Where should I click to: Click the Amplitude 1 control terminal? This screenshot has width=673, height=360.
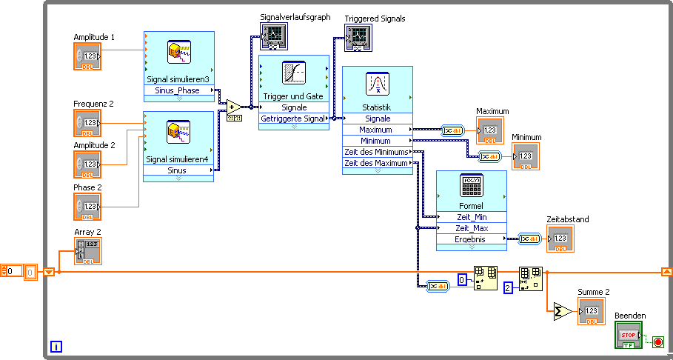click(x=87, y=56)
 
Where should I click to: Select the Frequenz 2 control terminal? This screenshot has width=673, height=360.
click(x=87, y=123)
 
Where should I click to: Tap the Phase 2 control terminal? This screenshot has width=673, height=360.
click(x=87, y=207)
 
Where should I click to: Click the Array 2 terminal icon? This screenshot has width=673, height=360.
click(x=87, y=251)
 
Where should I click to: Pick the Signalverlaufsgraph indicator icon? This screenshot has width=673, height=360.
click(x=272, y=36)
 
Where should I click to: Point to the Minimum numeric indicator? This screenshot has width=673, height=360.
click(x=526, y=156)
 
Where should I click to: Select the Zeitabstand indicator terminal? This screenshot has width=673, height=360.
click(x=560, y=239)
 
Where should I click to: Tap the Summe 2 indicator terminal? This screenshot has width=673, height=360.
click(x=592, y=311)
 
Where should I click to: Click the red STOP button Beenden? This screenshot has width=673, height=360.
click(x=629, y=335)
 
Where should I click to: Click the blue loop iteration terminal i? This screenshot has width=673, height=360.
click(x=56, y=346)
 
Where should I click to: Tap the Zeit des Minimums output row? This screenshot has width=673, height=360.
click(x=377, y=152)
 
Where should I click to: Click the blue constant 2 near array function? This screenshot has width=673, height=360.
click(x=508, y=287)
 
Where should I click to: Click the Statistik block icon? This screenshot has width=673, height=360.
click(x=377, y=84)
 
